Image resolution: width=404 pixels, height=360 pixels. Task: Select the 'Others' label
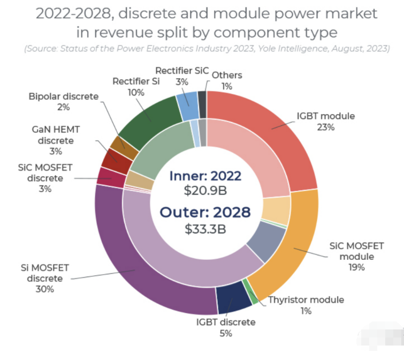click(227, 75)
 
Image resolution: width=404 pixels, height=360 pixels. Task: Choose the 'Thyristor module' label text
click(306, 299)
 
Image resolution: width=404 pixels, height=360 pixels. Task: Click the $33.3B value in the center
click(206, 229)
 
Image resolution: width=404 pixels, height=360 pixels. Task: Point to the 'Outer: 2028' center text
click(206, 213)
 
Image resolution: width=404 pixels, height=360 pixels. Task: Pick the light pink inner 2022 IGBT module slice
click(251, 155)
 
